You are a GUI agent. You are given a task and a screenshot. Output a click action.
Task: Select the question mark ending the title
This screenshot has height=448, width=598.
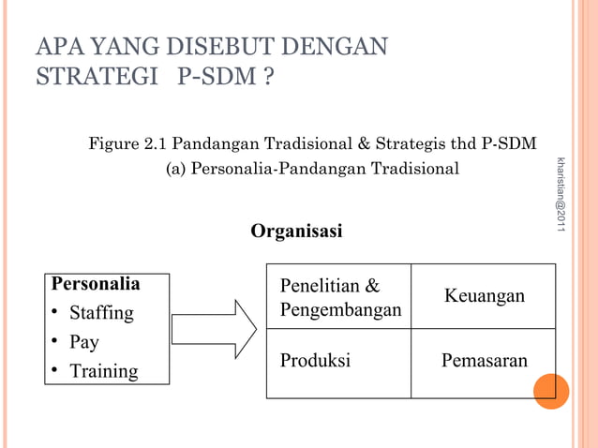coord(267,75)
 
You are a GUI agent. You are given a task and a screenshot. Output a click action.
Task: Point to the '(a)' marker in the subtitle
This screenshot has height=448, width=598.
coord(176,170)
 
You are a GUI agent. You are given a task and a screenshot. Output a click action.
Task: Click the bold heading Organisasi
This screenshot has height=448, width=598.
coord(296,231)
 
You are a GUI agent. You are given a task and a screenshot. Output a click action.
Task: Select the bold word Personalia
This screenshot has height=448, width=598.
coord(96,283)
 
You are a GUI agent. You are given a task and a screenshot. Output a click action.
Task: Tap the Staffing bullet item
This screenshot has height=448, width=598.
coord(102,312)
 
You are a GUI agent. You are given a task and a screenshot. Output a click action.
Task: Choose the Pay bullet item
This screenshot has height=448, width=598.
coord(84,341)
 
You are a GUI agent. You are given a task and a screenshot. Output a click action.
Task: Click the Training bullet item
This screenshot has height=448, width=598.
coord(104,371)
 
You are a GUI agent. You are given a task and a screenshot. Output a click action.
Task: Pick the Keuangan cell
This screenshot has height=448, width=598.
coord(484,296)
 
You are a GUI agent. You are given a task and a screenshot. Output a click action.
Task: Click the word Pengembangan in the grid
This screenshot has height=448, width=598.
coord(340,309)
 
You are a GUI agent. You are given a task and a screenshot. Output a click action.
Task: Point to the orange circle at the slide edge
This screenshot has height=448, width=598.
coord(551,391)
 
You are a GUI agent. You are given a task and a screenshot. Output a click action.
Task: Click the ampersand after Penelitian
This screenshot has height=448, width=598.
coord(372,284)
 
